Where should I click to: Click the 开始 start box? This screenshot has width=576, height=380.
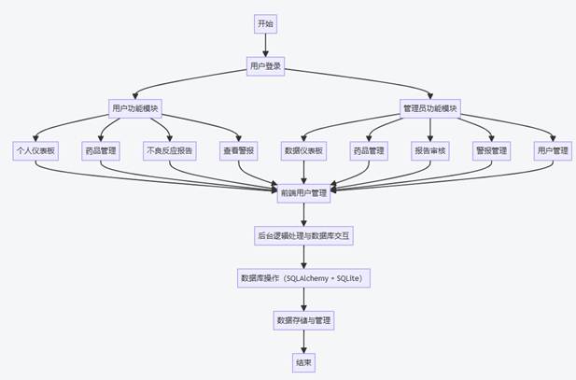coord(266,24)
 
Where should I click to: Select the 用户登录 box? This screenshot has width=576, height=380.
coord(266,66)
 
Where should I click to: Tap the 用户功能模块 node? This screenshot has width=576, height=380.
coord(135,108)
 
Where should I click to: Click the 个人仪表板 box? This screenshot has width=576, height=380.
coord(35,150)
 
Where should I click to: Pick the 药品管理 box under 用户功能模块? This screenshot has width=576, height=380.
coord(101,150)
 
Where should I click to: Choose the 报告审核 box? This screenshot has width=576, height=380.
coord(430,150)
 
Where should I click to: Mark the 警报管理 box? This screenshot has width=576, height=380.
coord(492,150)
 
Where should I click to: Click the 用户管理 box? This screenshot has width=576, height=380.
coord(551,150)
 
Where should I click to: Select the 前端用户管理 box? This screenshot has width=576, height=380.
coord(303,192)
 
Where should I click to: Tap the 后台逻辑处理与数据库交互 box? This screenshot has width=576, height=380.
coord(303,235)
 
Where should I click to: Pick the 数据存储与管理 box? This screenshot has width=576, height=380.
coord(303,320)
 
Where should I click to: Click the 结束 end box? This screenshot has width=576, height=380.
coord(303,362)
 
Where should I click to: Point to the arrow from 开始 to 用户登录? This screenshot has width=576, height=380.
coord(266,46)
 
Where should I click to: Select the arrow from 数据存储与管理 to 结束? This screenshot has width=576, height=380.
coord(303,341)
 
